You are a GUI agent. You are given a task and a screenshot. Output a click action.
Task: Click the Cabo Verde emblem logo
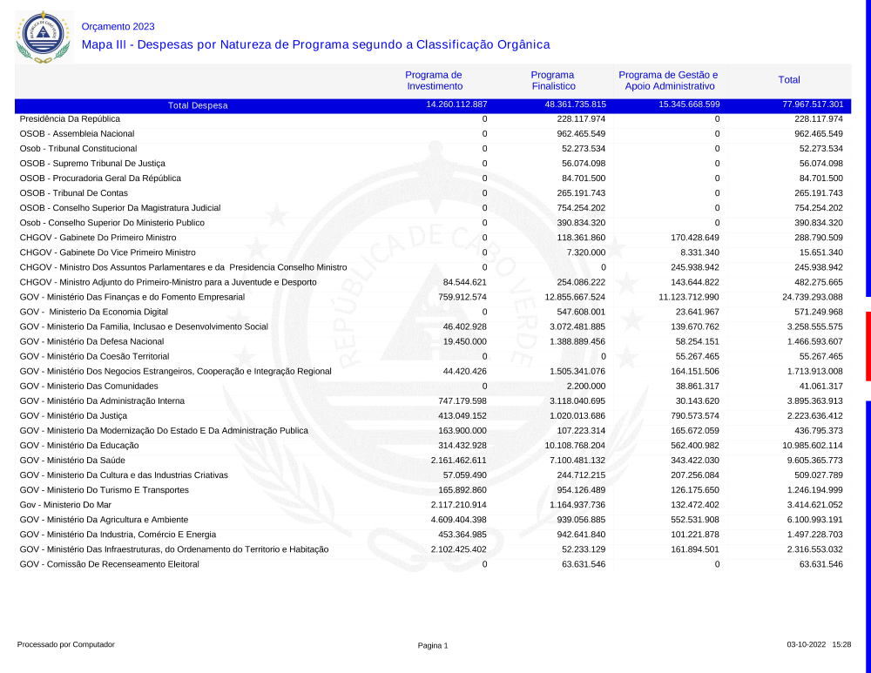42,37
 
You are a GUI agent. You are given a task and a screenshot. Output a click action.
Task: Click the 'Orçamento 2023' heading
118,27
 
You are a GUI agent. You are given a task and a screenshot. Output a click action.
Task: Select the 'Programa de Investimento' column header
433,80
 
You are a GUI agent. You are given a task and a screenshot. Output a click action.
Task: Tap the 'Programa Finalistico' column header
553,80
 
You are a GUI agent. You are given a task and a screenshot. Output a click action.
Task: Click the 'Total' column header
789,80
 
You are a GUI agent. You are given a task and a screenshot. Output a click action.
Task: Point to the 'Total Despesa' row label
198,105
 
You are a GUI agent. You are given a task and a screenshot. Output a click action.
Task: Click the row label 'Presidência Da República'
70,118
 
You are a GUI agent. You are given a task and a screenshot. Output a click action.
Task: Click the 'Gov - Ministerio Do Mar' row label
65,505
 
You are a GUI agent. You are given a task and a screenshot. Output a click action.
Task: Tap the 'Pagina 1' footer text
433,645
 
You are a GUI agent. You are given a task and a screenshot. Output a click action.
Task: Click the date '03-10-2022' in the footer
806,645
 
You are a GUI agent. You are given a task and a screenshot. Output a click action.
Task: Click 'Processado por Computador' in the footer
65,645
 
